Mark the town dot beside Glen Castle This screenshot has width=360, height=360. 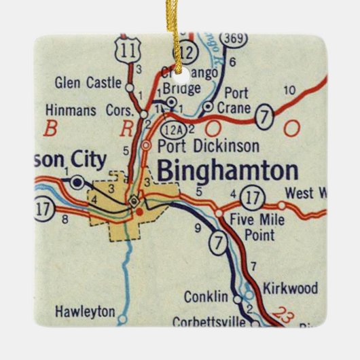click(130, 86)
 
